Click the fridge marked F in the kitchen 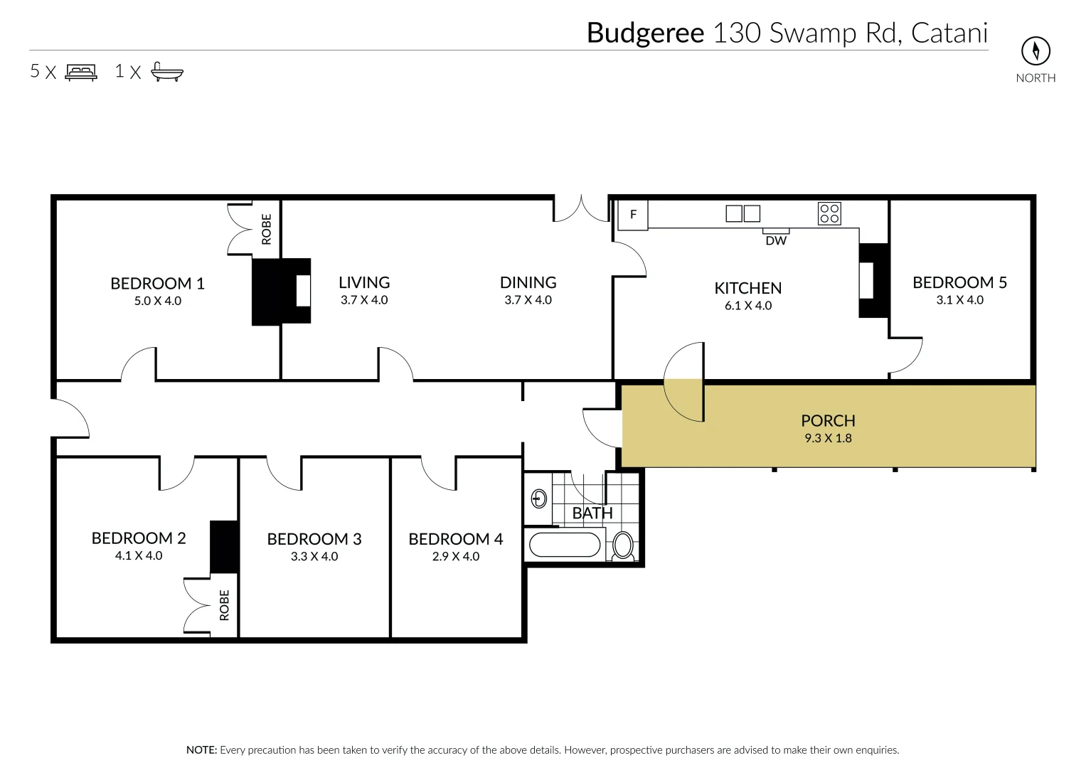coord(633,215)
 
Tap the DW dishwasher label coord(776,241)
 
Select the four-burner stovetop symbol coord(829,213)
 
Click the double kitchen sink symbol coord(742,213)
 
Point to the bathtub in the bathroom coord(565,545)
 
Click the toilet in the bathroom coord(623,546)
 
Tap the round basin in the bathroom coord(539,498)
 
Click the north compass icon coord(1036,51)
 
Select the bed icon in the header coord(81,72)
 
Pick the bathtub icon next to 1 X coord(167,72)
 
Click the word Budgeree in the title coord(645,33)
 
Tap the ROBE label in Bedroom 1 coord(267,229)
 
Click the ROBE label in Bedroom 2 coord(225,604)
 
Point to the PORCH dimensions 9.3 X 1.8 coord(828,438)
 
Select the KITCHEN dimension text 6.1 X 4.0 coord(747,306)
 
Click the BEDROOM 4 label coord(455,539)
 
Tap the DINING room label coord(528,282)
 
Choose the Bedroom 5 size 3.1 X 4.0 coord(959,300)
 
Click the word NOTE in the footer coord(201,750)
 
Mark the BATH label coord(592,513)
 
